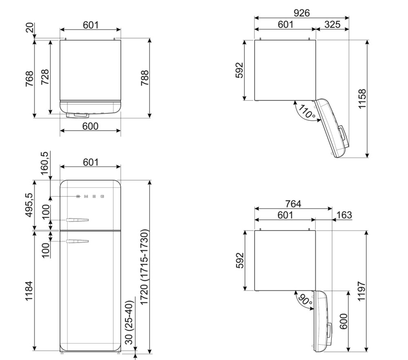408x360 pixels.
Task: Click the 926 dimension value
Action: pos(302,13)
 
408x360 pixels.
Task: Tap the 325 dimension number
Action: pos(332,24)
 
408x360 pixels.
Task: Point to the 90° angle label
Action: pos(305,300)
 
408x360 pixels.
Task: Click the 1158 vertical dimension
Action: pos(362,99)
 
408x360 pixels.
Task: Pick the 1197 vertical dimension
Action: pos(362,291)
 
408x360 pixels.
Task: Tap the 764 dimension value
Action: pos(293,204)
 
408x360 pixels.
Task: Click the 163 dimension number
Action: pos(344,215)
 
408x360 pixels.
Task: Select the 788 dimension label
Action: pos(144,78)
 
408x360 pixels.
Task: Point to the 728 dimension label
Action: pos(45,77)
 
